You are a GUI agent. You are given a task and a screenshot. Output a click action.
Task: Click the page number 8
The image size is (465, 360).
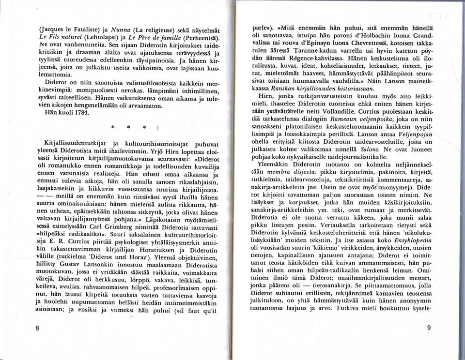coord(37,328)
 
